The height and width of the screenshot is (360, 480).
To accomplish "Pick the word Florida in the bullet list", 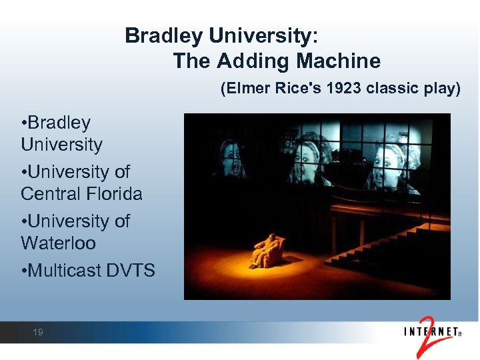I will click(x=114, y=194).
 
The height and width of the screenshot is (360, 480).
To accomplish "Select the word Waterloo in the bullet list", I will click(x=58, y=243).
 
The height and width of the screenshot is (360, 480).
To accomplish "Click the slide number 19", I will click(x=38, y=332).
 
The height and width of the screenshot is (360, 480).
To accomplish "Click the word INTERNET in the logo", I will click(x=432, y=331).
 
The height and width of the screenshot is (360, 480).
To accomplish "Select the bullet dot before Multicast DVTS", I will click(x=23, y=271).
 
